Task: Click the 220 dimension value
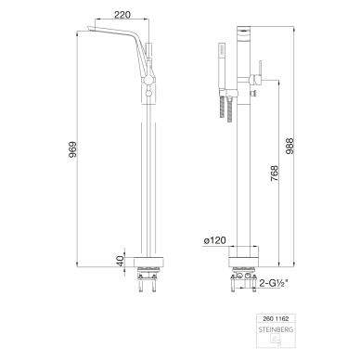122,15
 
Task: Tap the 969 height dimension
72,149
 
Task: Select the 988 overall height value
289,146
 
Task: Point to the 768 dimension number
275,174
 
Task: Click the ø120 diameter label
214,240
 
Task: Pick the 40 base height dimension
121,262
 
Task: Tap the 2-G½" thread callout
274,283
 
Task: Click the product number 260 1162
276,318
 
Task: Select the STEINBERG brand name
276,329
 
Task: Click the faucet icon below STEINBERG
276,341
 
